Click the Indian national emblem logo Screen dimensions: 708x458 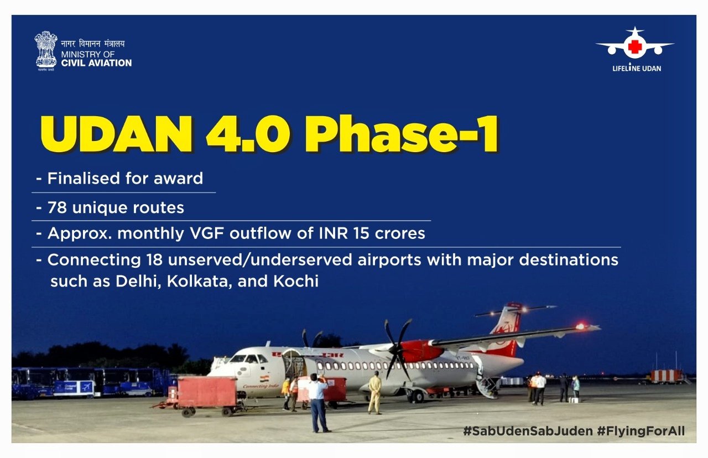46,50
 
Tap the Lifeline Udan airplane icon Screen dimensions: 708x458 634,44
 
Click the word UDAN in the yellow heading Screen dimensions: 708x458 116,134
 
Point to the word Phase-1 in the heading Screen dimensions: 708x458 402,134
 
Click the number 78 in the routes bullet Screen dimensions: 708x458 57,207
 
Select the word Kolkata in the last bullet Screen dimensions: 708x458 200,281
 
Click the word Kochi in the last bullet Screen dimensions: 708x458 296,281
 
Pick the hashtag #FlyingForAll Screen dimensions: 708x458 641,431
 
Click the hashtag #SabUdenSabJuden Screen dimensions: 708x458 528,431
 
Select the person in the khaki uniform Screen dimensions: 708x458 375,393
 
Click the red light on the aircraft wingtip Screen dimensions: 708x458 580,326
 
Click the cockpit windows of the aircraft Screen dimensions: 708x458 249,359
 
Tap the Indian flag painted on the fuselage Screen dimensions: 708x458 264,379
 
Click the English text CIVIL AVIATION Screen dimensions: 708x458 96,63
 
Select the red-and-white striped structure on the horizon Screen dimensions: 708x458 665,376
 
